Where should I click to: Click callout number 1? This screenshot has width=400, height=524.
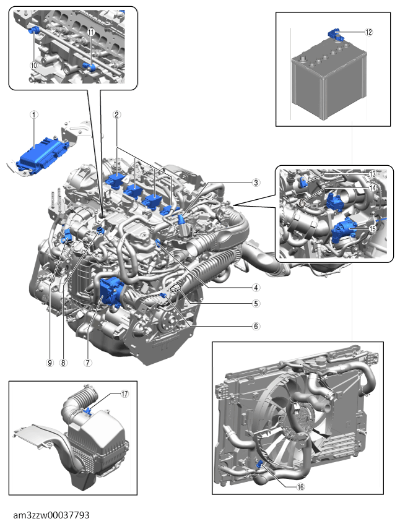click(35, 114)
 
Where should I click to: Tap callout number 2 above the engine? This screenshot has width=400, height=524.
click(116, 114)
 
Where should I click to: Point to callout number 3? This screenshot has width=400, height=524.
click(256, 183)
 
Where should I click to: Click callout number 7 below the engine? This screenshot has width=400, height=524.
click(87, 363)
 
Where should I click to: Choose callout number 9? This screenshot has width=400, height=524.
click(50, 363)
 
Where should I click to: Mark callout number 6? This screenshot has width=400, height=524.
click(256, 326)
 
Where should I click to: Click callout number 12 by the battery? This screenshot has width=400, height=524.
click(369, 32)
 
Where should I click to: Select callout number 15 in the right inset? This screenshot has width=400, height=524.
click(373, 228)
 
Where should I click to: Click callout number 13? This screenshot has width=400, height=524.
click(373, 174)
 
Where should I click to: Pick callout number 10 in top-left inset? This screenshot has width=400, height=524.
click(34, 64)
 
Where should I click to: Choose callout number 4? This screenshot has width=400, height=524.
click(256, 287)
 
